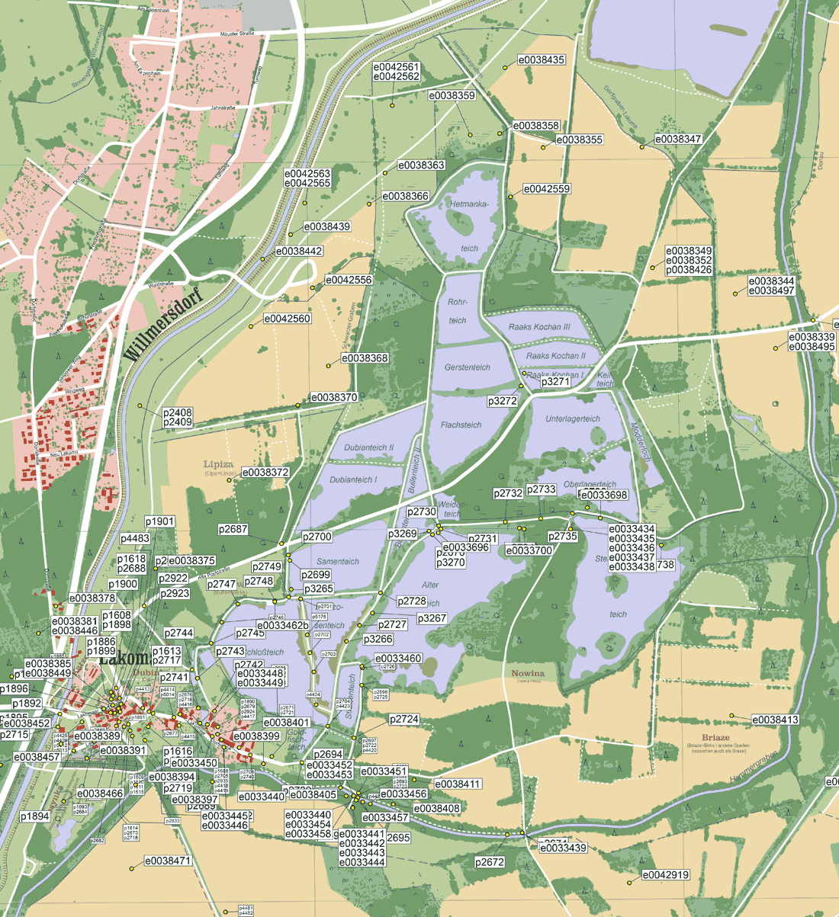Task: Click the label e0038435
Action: point(542,59)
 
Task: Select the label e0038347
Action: point(679,139)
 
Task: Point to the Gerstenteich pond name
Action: point(467,367)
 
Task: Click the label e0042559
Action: point(546,189)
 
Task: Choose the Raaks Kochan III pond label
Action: point(540,327)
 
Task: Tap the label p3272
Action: point(503,400)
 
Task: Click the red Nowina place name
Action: point(529,673)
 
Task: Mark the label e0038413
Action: point(776,720)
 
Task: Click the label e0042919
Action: point(666,875)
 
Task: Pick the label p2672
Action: point(490,862)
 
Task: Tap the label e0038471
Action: point(168,861)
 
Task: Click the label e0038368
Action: point(365,358)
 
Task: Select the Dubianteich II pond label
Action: point(368,447)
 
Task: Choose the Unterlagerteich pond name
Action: point(573,419)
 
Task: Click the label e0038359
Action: point(452,96)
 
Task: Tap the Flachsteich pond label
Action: point(461,425)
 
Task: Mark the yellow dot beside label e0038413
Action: point(731,715)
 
